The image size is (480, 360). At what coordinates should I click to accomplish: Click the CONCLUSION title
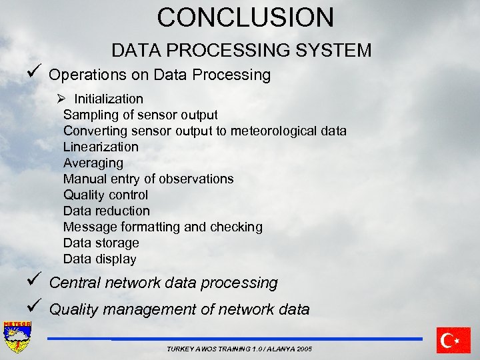[245, 17]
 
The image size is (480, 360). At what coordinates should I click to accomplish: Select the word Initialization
[109, 99]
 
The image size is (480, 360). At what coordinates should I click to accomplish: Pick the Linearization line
[101, 147]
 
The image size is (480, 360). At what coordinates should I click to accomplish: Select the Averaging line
[93, 163]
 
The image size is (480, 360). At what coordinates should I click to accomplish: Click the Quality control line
[105, 195]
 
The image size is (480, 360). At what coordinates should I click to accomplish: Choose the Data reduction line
[107, 211]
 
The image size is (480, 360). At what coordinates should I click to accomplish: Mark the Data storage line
[101, 243]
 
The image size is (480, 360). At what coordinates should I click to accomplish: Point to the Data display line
[99, 259]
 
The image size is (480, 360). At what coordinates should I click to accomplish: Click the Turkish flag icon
[453, 340]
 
